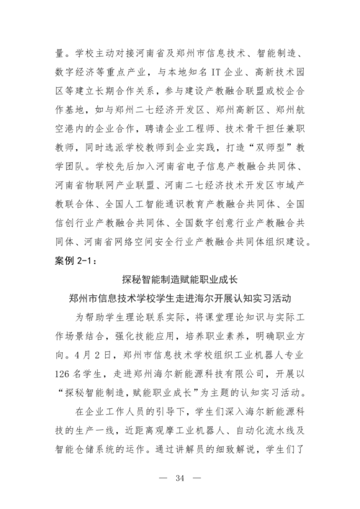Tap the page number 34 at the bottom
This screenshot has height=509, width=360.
(180, 479)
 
